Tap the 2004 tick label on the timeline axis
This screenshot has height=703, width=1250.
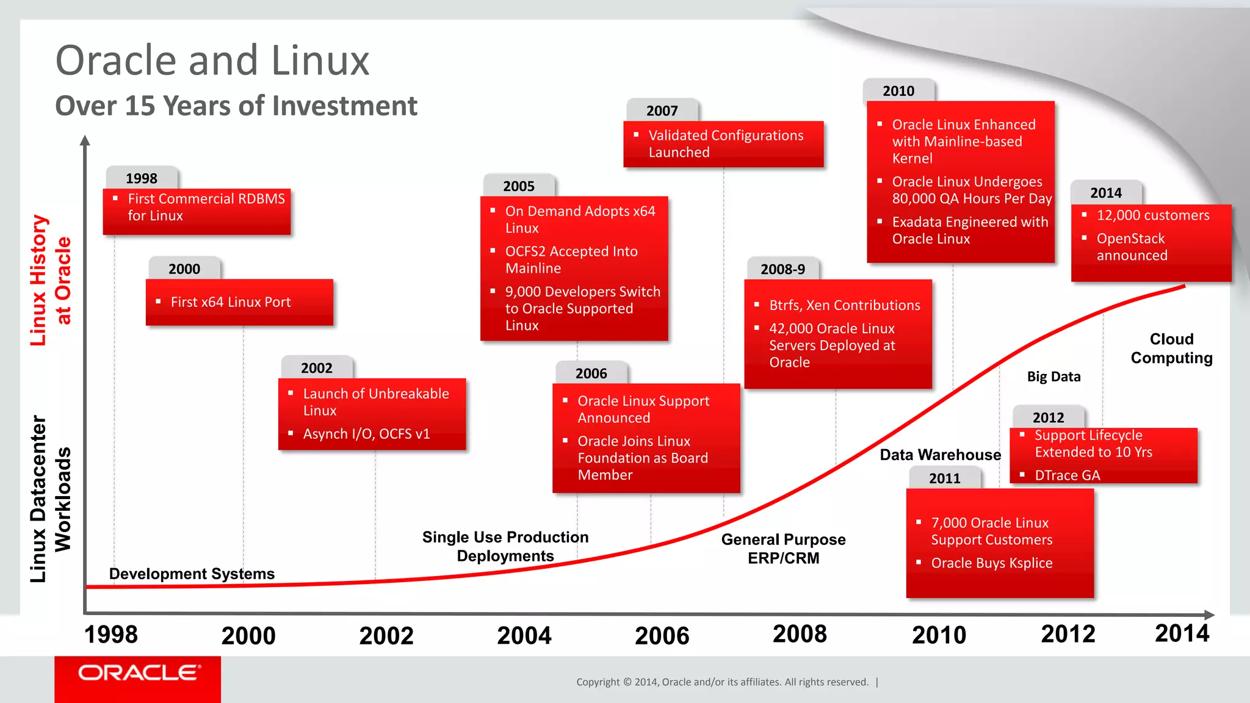point(524,636)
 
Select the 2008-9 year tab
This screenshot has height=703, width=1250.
point(782,269)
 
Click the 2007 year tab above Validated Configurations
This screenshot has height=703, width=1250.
point(662,110)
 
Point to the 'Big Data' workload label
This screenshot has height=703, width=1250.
point(1053,377)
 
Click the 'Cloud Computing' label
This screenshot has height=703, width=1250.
point(1171,348)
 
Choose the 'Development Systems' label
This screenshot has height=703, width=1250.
point(192,574)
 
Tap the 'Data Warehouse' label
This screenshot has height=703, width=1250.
point(940,455)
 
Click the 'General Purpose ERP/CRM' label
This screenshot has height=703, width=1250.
point(783,549)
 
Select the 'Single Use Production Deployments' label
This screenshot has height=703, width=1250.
point(505,546)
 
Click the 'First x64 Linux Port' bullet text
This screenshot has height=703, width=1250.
point(231,302)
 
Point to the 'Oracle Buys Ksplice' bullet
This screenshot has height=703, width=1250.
point(991,563)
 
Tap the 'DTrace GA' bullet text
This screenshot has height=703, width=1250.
point(1067,475)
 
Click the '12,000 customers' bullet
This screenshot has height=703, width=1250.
point(1152,215)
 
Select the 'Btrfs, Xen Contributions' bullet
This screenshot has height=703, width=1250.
point(844,305)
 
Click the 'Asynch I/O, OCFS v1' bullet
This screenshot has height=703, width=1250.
point(366,434)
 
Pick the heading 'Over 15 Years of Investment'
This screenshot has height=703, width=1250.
point(236,106)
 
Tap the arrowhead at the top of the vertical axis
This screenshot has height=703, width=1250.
point(85,140)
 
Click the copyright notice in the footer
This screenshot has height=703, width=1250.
point(722,682)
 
